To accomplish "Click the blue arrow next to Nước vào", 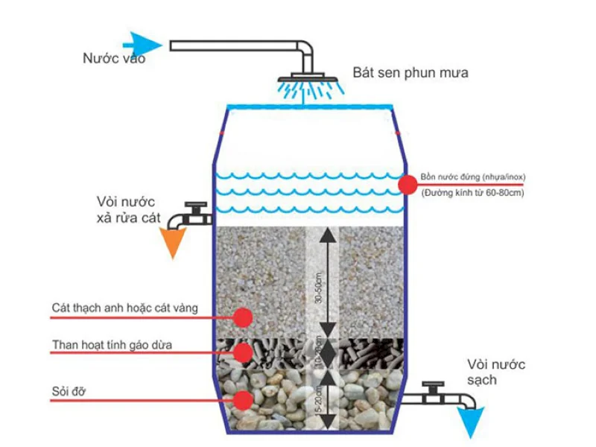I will pyautogui.click(x=142, y=43).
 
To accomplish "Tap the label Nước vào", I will pyautogui.click(x=114, y=59).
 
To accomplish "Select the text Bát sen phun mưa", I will pyautogui.click(x=410, y=74).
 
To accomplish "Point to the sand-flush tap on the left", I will pyautogui.click(x=191, y=214).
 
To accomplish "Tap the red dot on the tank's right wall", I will pyautogui.click(x=408, y=185).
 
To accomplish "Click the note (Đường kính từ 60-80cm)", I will pyautogui.click(x=472, y=193).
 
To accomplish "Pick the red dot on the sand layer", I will pyautogui.click(x=242, y=317).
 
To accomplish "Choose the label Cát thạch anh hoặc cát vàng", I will pyautogui.click(x=125, y=308).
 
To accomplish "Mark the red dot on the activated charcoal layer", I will pyautogui.click(x=242, y=352).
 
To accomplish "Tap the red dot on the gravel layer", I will pyautogui.click(x=242, y=400).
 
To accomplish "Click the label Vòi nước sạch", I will pyautogui.click(x=496, y=372).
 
